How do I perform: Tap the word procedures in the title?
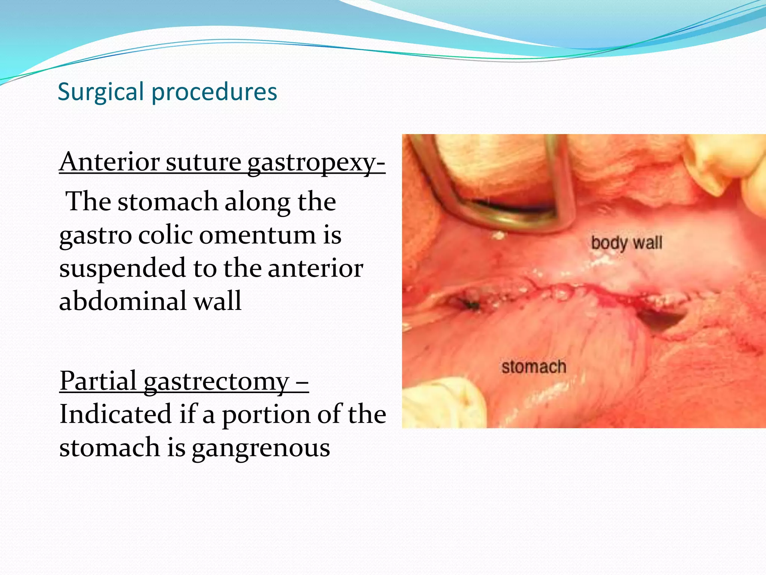[x=214, y=92]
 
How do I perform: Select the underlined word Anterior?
[x=109, y=162]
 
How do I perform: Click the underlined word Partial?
[x=98, y=381]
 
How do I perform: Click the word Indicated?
[x=115, y=414]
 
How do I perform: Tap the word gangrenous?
[x=261, y=448]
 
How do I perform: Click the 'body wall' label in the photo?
[x=626, y=243]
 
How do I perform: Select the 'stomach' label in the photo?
[x=534, y=367]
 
